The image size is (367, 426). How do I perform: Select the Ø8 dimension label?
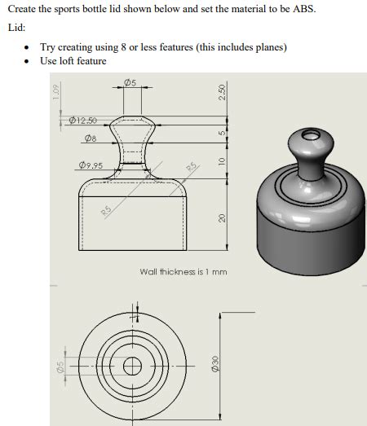(x=91, y=139)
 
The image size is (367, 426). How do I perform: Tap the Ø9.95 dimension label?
(x=91, y=166)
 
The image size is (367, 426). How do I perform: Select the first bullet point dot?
(x=29, y=46)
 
